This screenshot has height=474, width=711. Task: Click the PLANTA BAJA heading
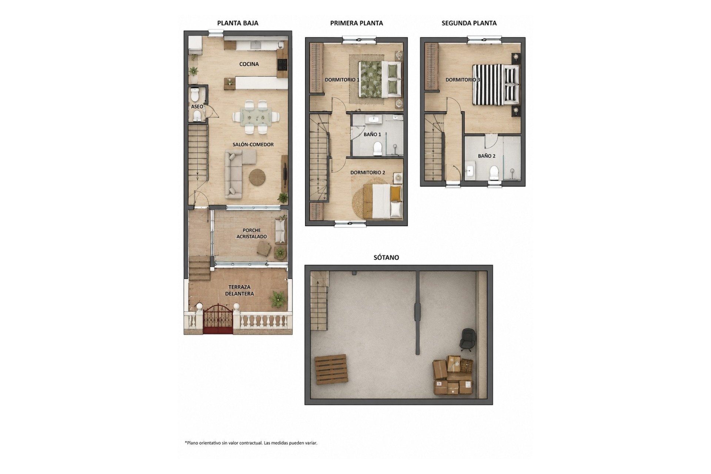(237, 23)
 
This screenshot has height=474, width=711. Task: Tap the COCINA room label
(249, 64)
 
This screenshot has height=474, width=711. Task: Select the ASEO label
(197, 107)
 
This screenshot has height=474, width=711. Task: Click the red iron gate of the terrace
(218, 319)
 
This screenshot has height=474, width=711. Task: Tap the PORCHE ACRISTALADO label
(251, 233)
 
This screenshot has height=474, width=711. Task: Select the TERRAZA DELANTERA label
(240, 290)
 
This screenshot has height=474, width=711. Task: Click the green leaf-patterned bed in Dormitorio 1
(380, 79)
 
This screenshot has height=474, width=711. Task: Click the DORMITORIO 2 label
(368, 173)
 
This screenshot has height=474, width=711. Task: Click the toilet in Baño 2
(494, 172)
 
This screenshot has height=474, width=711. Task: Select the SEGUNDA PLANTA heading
(469, 23)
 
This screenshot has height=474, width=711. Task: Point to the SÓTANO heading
(386, 257)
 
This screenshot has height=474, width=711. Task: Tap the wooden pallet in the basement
(331, 369)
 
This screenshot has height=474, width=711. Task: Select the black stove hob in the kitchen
(282, 65)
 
